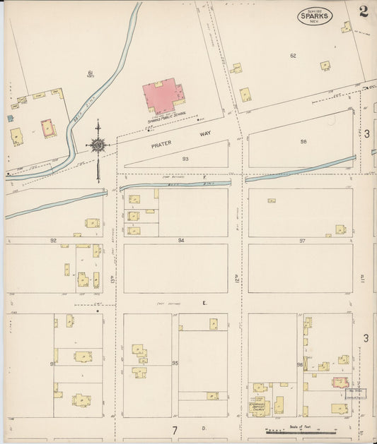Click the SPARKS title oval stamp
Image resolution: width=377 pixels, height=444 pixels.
click(315, 15)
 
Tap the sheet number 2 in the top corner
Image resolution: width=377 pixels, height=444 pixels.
click(363, 11)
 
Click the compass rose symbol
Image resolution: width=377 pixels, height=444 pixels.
click(98, 145)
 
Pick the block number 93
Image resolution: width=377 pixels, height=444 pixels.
click(185, 159)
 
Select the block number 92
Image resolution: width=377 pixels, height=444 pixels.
click(53, 240)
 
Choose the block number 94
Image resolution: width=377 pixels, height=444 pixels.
click(181, 240)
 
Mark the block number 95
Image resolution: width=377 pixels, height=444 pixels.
click(174, 364)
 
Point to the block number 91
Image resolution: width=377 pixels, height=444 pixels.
click(52, 364)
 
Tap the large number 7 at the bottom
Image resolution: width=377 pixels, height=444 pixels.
click(174, 429)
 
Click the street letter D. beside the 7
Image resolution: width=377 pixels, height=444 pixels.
click(203, 428)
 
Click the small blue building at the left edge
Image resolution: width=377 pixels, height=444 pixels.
click(11, 118)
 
